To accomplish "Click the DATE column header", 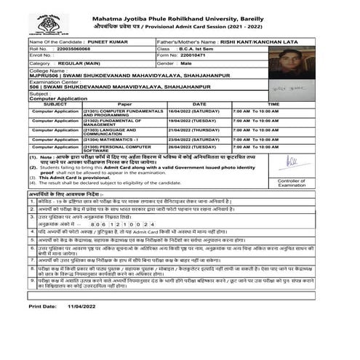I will pyautogui.click(x=199, y=104).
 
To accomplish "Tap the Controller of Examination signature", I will pyautogui.click(x=291, y=159).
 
